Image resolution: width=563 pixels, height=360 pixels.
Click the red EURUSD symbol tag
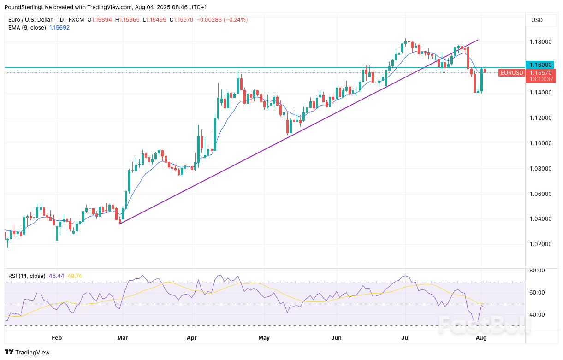[x=512, y=73]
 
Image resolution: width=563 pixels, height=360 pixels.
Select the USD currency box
[x=537, y=20]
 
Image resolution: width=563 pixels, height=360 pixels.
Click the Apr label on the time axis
[x=192, y=338]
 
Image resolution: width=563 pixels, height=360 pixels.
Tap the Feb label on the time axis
[x=57, y=338]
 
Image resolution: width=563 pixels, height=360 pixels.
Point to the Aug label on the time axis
[x=480, y=338]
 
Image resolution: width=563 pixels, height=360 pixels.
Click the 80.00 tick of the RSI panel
[x=538, y=271]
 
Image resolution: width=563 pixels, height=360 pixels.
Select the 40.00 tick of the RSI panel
[x=538, y=315]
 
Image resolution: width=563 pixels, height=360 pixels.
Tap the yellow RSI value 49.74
[x=75, y=276]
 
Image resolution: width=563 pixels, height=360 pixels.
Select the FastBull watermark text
[x=484, y=324]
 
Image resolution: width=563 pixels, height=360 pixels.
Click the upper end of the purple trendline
[x=478, y=40]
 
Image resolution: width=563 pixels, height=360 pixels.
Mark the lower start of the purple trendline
[x=119, y=224]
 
